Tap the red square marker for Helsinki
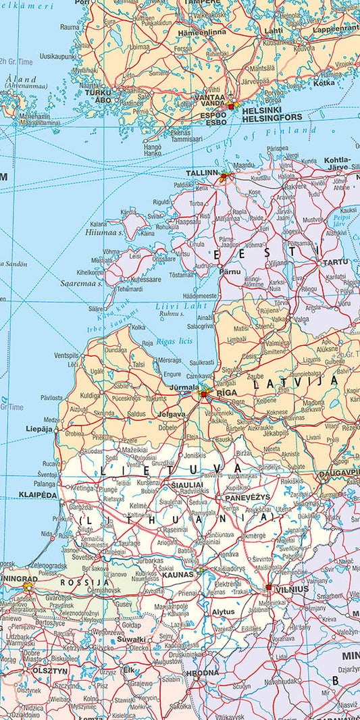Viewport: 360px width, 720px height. pyautogui.click(x=232, y=107)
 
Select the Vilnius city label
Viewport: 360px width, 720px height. pyautogui.click(x=292, y=589)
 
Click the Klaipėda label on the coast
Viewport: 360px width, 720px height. pyautogui.click(x=38, y=495)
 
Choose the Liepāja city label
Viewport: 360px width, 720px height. pyautogui.click(x=38, y=429)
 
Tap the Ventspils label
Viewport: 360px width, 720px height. pyautogui.click(x=66, y=355)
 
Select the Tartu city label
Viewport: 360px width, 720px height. pyautogui.click(x=336, y=262)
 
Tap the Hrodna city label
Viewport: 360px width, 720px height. pyautogui.click(x=203, y=673)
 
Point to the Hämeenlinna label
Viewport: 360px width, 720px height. pyautogui.click(x=202, y=32)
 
